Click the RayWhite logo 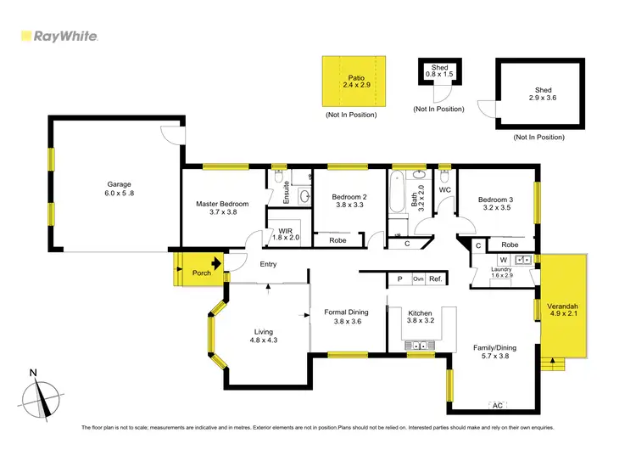59,37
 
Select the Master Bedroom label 222,209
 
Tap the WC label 444,190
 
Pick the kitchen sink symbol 418,345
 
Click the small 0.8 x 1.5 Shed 439,73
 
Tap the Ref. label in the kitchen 436,279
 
